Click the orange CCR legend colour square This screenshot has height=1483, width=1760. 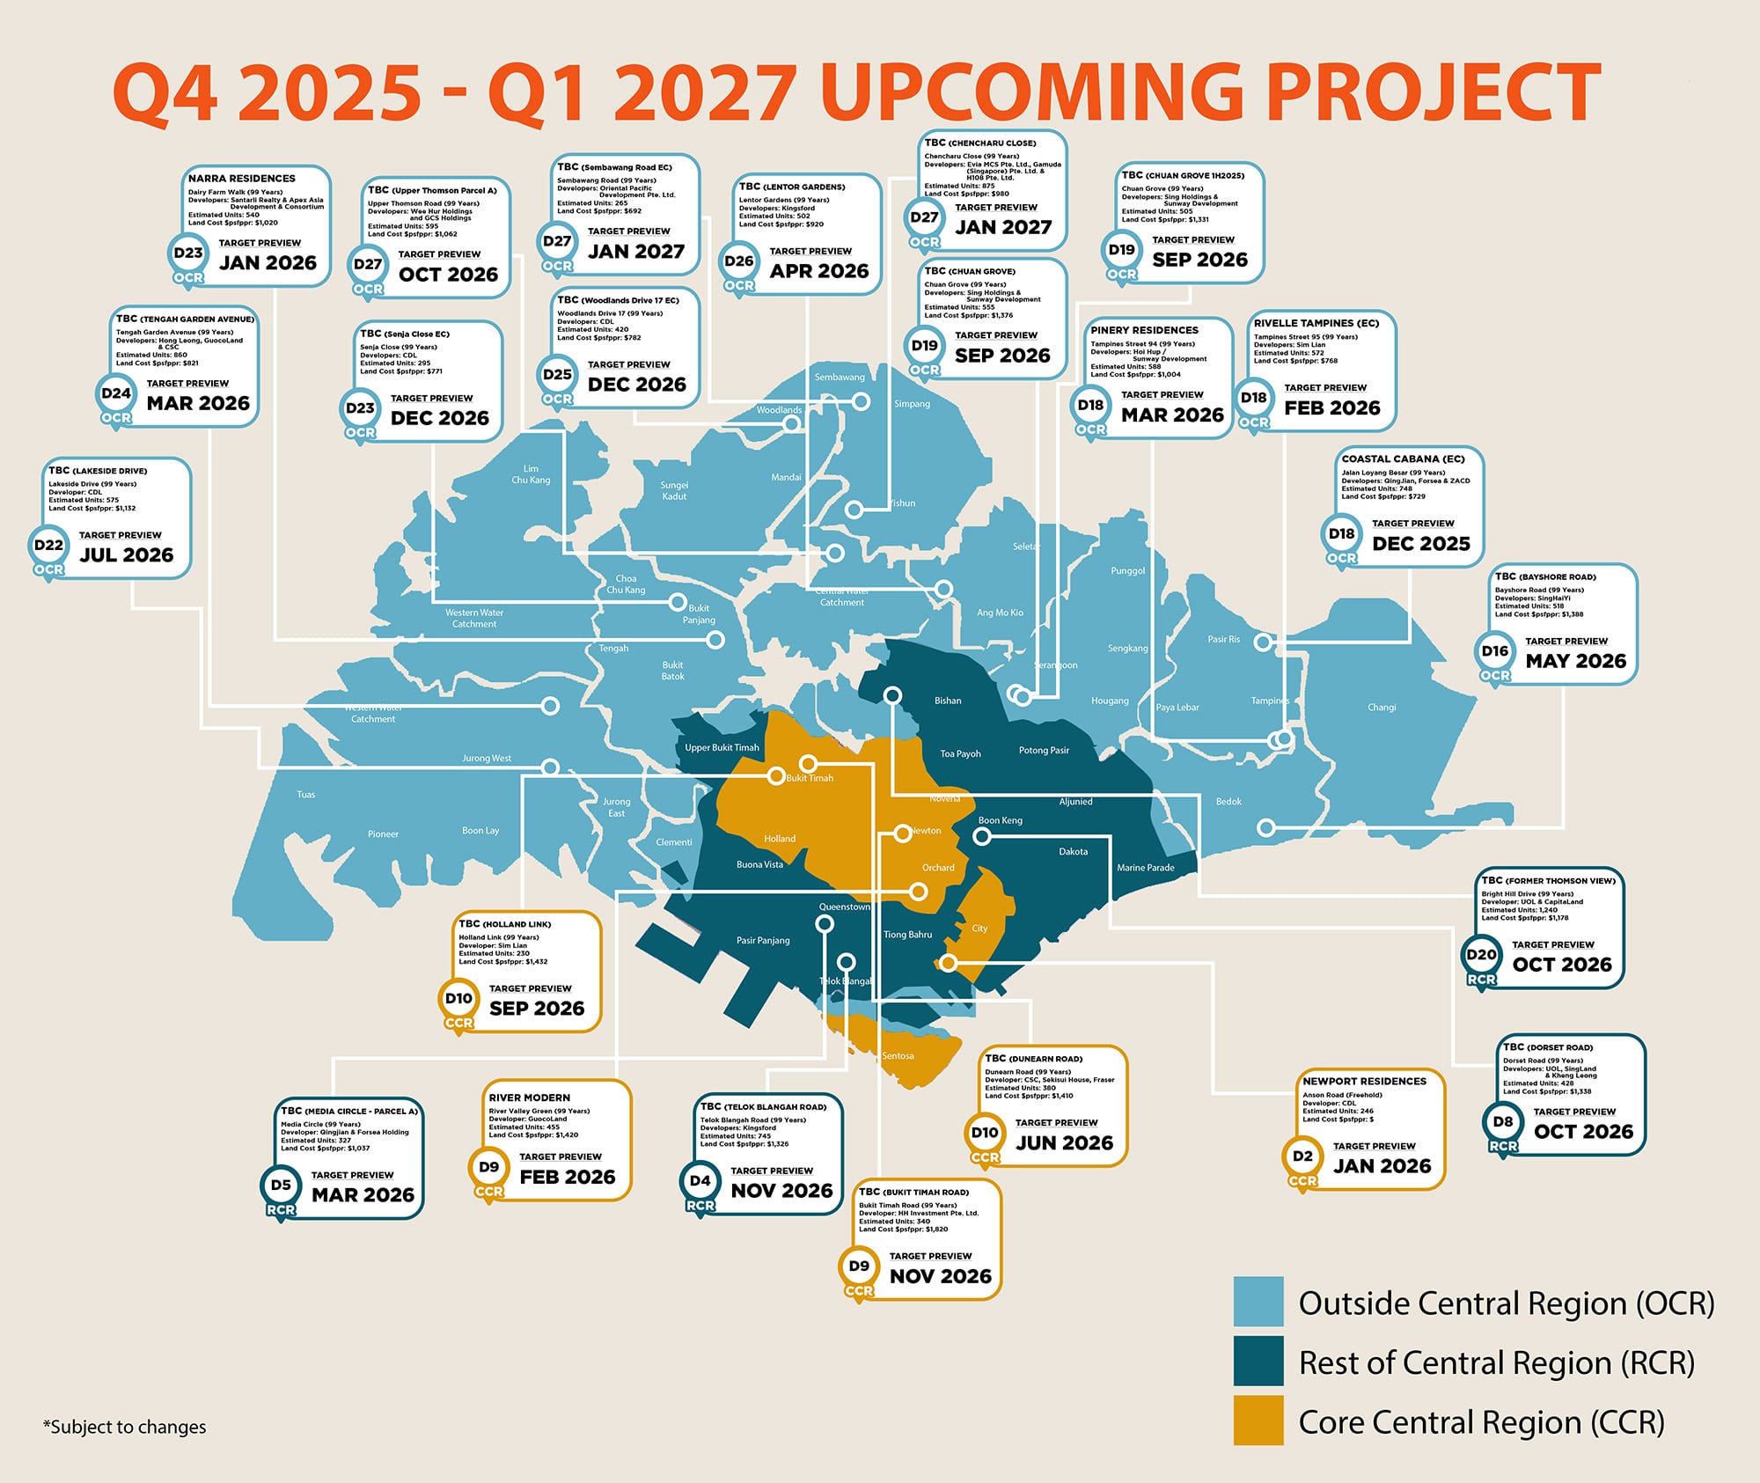(x=1258, y=1420)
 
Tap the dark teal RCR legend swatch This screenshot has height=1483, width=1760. (x=1258, y=1361)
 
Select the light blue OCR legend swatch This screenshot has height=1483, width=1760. (x=1258, y=1301)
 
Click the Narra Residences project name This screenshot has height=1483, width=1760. (x=241, y=179)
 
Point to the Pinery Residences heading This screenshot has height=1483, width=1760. (x=1144, y=331)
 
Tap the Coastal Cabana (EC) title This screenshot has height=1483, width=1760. (x=1403, y=459)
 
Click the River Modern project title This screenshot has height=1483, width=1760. (x=529, y=1098)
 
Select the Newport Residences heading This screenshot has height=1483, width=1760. (x=1364, y=1082)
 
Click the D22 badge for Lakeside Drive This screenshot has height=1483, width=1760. (x=48, y=546)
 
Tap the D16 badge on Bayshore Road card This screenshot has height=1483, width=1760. (x=1494, y=651)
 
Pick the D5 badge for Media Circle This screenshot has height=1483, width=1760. (x=281, y=1186)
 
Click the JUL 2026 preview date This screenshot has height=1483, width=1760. (x=126, y=555)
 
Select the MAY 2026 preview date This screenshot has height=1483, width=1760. (x=1575, y=661)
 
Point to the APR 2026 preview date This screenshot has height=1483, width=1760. (x=818, y=271)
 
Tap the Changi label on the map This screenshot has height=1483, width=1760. (x=1381, y=708)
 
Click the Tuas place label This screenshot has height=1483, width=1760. (x=305, y=795)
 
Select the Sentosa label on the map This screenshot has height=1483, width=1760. (x=898, y=1056)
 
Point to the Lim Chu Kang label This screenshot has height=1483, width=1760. (x=531, y=474)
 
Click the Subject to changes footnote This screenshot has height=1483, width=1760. (x=124, y=1427)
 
